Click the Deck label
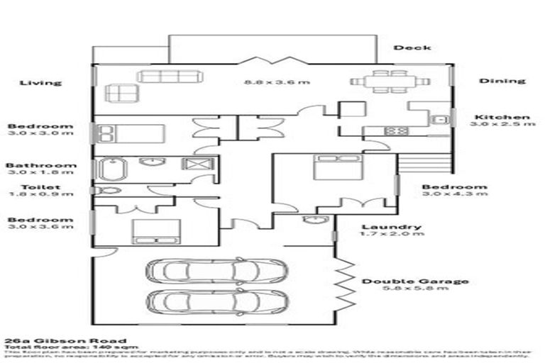(x=412, y=48)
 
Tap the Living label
(x=40, y=82)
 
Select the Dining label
(x=502, y=81)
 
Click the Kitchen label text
(x=502, y=117)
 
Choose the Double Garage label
(x=415, y=281)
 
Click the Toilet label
(x=40, y=187)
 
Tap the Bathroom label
(x=40, y=166)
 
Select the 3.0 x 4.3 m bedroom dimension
(x=455, y=195)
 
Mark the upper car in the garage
(x=216, y=270)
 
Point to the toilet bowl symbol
(x=107, y=190)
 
